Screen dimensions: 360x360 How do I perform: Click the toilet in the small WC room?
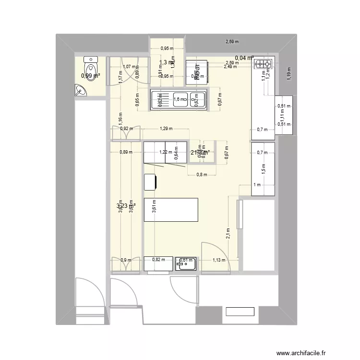pos(91,63)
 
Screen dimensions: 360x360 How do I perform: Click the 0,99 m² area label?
pos(91,75)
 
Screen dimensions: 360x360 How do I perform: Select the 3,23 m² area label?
pos(126,206)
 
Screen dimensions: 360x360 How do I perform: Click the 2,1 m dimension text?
pos(228,233)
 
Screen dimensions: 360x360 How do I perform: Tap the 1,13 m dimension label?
pos(219,260)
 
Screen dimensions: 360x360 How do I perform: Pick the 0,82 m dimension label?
pos(158,260)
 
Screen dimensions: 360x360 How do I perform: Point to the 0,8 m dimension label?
pos(202,175)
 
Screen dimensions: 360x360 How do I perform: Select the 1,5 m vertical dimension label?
pos(264,168)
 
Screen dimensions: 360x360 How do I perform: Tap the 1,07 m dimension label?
pos(129,67)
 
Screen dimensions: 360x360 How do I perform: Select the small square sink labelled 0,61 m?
pos(186,263)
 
